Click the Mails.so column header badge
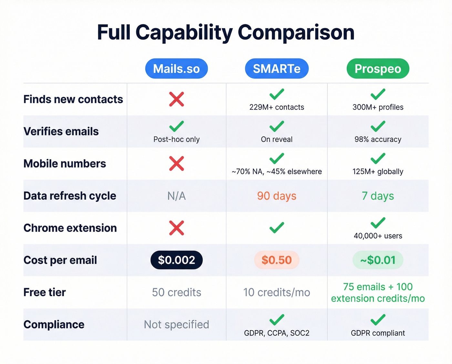coord(176,68)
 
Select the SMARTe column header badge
coord(277,68)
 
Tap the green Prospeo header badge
coord(378,68)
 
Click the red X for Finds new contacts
coord(177,99)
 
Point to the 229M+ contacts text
coord(277,107)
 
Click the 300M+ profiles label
coord(378,107)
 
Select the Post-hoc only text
coord(176,140)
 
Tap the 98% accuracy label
coord(378,140)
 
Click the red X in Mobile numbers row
coord(177,163)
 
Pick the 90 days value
coord(277,196)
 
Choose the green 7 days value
coord(378,196)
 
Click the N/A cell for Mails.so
coord(176,196)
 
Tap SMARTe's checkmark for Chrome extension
coord(277,228)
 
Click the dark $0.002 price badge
coord(176,260)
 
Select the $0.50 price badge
coord(277,260)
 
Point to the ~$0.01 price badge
coord(378,260)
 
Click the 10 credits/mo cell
coord(277,292)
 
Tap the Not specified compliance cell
coord(176,324)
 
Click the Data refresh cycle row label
coord(70,196)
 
